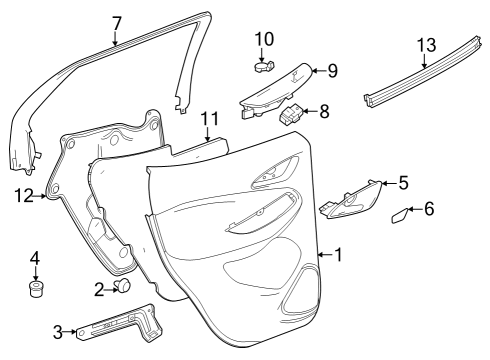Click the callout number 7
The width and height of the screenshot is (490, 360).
pos(116,23)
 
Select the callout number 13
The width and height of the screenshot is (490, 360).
pos(426,46)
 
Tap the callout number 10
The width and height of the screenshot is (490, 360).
pos(263,39)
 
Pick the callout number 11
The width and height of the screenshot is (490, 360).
pos(208,119)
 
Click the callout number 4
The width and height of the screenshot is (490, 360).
pos(35,259)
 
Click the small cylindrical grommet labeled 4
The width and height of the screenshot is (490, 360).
pos(36,291)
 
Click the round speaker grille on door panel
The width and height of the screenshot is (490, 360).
pos(300,290)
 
